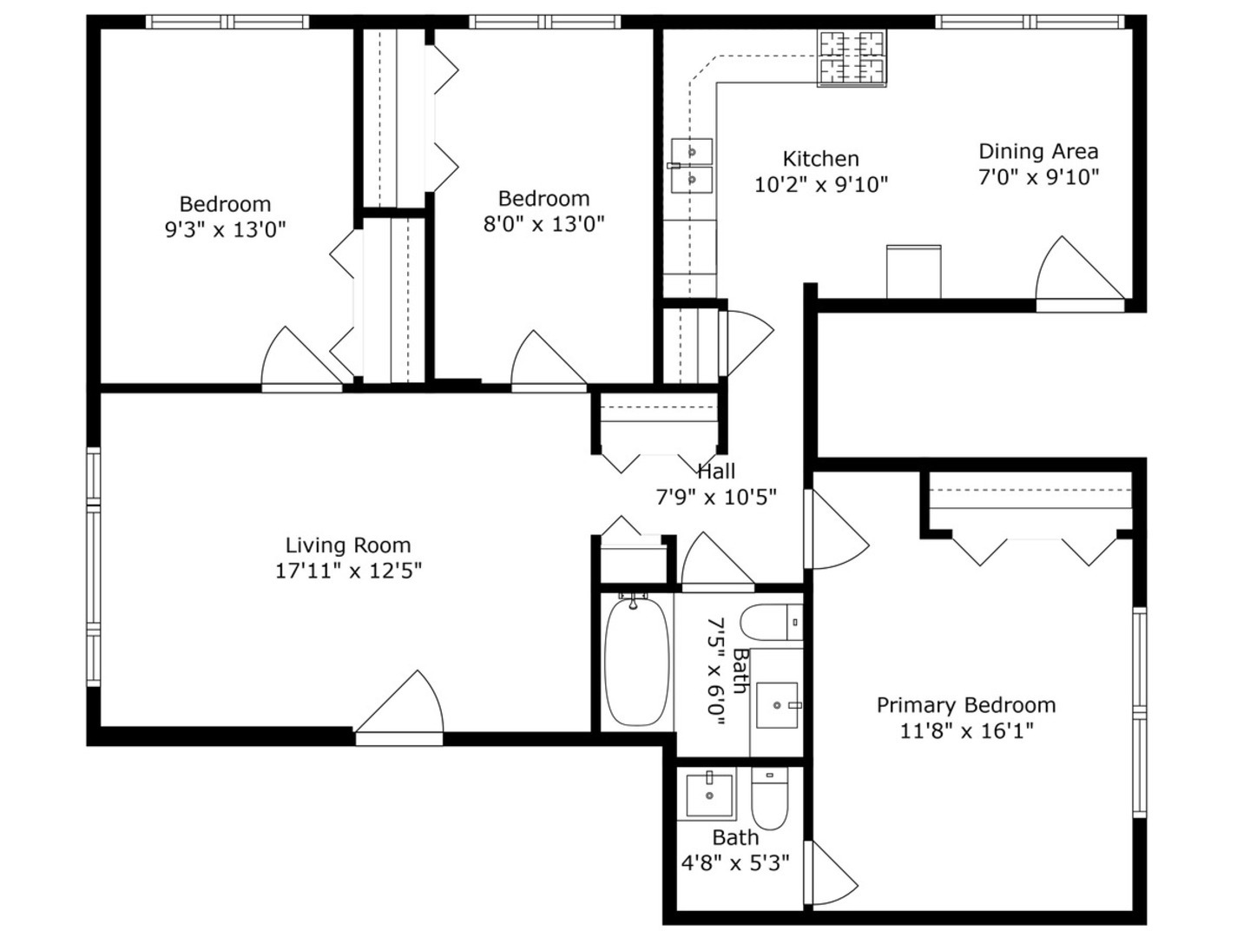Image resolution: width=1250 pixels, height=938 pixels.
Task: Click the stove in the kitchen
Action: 852,58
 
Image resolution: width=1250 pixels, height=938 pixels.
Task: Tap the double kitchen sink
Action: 692,166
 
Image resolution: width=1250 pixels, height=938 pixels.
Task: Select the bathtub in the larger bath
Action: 637,661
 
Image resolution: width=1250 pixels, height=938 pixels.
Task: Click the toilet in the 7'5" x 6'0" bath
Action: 770,622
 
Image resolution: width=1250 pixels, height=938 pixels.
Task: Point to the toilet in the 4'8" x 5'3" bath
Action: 769,799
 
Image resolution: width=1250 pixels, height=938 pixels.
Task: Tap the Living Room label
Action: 348,545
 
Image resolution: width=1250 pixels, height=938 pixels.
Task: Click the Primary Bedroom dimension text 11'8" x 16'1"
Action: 966,730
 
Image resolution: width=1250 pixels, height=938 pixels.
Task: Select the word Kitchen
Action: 820,159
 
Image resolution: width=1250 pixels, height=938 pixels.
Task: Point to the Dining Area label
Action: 1038,152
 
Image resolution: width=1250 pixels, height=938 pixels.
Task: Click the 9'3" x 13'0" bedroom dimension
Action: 225,230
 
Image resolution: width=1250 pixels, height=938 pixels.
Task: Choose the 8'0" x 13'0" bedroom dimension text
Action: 543,224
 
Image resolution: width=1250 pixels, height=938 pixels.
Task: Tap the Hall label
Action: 716,472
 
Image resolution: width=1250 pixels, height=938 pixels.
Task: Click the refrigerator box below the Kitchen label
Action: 913,272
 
